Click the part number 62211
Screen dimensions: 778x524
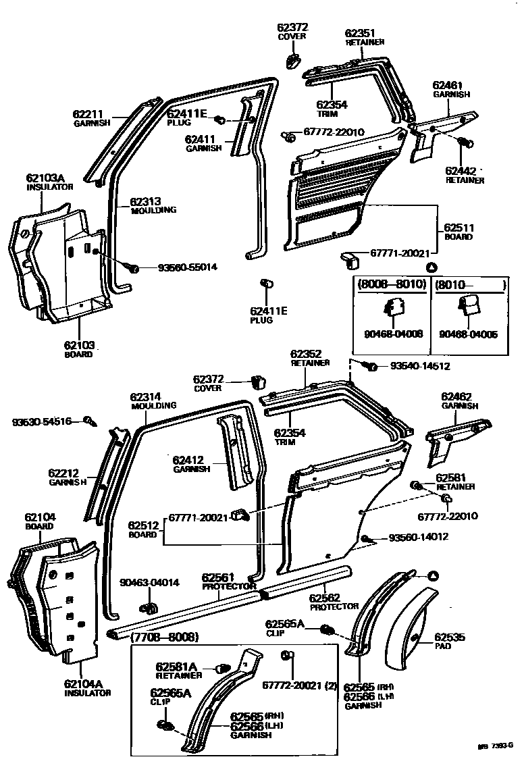click(x=88, y=114)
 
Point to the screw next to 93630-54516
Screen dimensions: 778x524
click(x=88, y=421)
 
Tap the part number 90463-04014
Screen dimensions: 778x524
click(x=150, y=582)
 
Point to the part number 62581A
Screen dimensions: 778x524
click(x=176, y=665)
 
